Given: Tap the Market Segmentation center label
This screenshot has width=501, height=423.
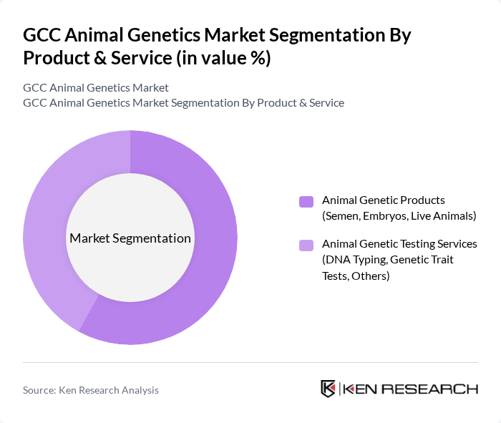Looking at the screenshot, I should coord(130,238).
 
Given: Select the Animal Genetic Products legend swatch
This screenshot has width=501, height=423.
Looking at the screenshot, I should coord(306,201).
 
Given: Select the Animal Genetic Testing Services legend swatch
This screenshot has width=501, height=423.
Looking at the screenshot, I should coord(306,245).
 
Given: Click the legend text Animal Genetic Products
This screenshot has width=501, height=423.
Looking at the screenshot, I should coord(384,200).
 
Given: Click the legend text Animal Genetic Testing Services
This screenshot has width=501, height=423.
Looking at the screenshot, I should coord(399,244).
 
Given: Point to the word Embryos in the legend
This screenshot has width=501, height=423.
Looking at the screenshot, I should coord(379,215).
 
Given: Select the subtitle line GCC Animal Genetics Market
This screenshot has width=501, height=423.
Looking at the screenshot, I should coord(96,87).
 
